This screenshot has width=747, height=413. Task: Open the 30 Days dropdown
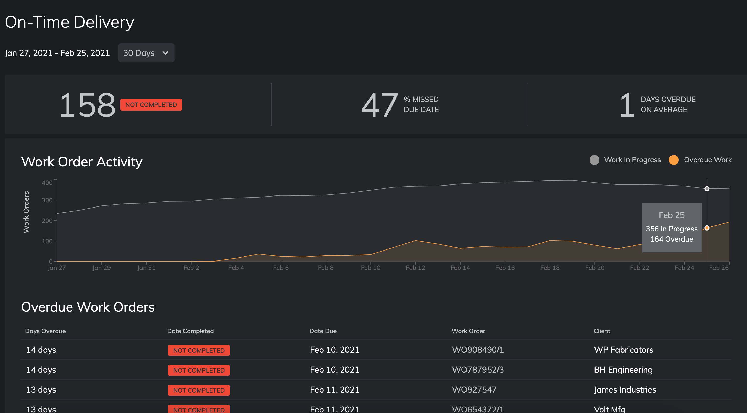[146, 53]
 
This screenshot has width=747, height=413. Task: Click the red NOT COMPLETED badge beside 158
[151, 105]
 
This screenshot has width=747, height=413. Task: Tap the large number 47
[379, 105]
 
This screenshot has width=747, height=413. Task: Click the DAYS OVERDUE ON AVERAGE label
[668, 104]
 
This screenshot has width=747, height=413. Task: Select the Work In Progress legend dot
[594, 160]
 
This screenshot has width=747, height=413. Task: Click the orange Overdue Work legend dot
[673, 160]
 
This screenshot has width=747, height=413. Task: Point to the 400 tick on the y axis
[47, 183]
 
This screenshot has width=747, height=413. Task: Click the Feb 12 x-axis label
[415, 268]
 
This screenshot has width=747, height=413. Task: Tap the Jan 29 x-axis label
[102, 268]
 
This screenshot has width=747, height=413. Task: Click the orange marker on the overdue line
[707, 228]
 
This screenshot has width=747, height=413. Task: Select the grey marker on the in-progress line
[707, 189]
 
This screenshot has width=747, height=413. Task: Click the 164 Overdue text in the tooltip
[672, 239]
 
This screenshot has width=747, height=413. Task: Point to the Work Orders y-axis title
[26, 212]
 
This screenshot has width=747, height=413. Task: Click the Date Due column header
[323, 331]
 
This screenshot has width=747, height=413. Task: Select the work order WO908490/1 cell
[478, 350]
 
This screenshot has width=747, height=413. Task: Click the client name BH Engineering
[623, 370]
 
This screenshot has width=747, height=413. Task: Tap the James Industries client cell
[625, 389]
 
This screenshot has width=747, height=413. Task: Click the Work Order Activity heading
[82, 161]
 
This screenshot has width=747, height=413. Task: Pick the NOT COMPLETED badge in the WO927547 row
[199, 390]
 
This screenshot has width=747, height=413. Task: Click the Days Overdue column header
[45, 331]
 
